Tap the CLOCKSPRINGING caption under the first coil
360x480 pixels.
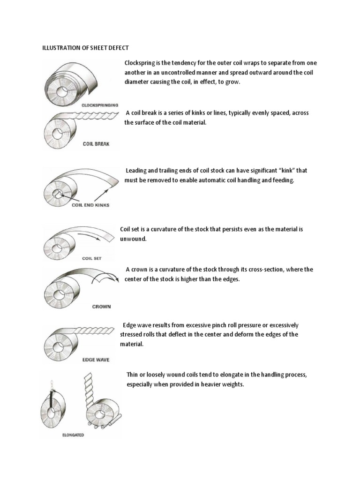[x=100, y=105]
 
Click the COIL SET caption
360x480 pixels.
[x=92, y=258]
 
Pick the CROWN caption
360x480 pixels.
[x=101, y=307]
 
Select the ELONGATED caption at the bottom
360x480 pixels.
[x=73, y=435]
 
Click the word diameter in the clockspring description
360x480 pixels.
[x=138, y=82]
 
